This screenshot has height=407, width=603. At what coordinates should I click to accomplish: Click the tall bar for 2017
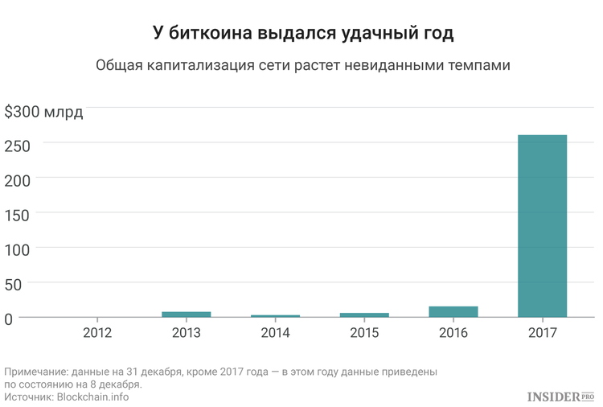(x=542, y=226)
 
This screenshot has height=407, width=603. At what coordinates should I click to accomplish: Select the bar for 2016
(x=453, y=312)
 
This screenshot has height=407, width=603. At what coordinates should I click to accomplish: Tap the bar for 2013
(x=187, y=314)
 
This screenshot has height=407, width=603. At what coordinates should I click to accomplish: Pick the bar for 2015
(x=364, y=315)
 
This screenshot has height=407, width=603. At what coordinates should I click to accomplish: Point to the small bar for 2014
(x=275, y=316)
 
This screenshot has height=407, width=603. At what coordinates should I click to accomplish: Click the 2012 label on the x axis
(x=97, y=332)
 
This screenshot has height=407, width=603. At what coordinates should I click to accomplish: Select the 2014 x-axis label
(x=275, y=332)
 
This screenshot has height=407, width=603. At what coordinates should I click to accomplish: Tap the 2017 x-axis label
(x=542, y=332)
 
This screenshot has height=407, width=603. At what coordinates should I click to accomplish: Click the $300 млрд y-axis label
(x=43, y=112)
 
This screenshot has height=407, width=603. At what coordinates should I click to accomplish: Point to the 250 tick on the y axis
(x=18, y=146)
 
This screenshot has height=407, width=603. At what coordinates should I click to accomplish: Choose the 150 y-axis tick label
(x=18, y=216)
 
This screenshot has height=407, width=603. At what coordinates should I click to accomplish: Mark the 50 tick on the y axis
(x=13, y=285)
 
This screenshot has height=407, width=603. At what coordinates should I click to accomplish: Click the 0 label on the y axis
(x=9, y=319)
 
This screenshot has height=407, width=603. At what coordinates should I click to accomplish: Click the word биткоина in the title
(x=211, y=33)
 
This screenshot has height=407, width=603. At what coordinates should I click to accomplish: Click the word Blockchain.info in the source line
(x=92, y=397)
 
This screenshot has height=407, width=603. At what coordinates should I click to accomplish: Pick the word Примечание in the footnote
(x=36, y=372)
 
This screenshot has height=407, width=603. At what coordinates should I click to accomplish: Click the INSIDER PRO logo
(x=561, y=397)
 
